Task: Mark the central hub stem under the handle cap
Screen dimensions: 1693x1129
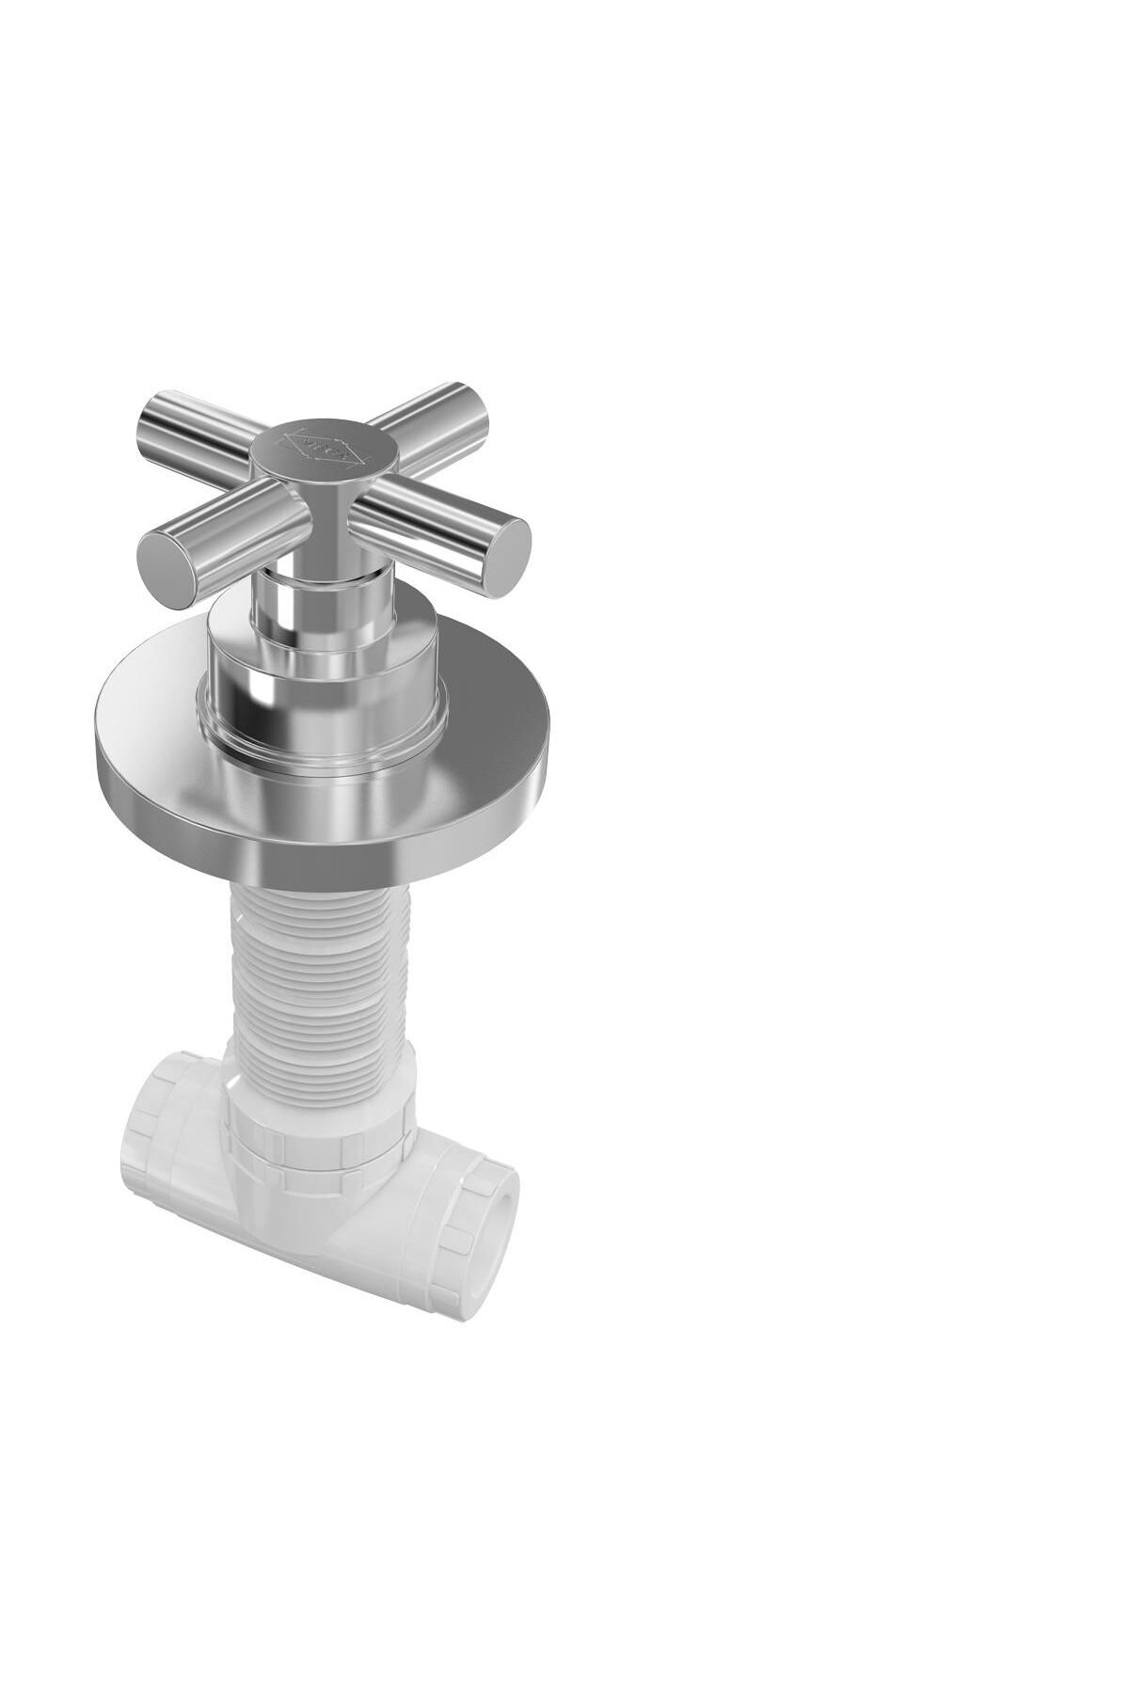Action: tap(326, 531)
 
